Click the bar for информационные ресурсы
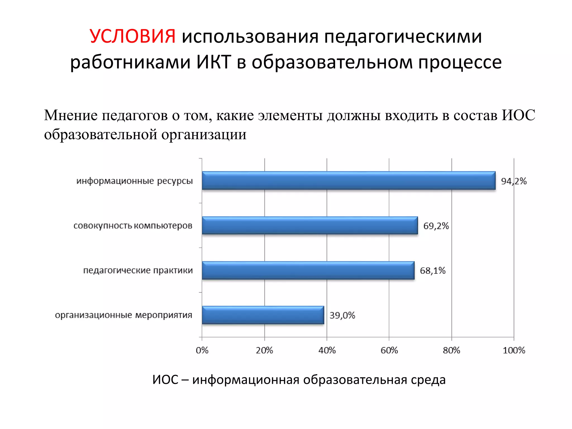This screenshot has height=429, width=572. [349, 181]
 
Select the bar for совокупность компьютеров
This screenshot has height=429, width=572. [310, 225]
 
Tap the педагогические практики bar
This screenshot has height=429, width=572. [308, 270]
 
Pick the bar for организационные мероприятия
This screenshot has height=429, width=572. [263, 315]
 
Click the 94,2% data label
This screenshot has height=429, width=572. [514, 181]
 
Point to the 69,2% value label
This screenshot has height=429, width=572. [436, 226]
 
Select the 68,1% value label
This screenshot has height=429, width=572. [433, 271]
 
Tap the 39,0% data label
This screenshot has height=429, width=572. [342, 315]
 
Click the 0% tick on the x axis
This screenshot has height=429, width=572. [202, 350]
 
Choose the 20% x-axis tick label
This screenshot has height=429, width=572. [264, 350]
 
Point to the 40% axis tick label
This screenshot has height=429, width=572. [327, 350]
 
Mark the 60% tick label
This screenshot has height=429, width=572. [389, 350]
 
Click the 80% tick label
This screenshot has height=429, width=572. [451, 350]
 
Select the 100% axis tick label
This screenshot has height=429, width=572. [514, 350]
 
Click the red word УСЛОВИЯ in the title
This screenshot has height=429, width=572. [133, 36]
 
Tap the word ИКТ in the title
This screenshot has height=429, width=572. [214, 62]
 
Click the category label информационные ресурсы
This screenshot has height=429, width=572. [135, 181]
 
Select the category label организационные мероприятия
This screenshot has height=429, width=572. [123, 315]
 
